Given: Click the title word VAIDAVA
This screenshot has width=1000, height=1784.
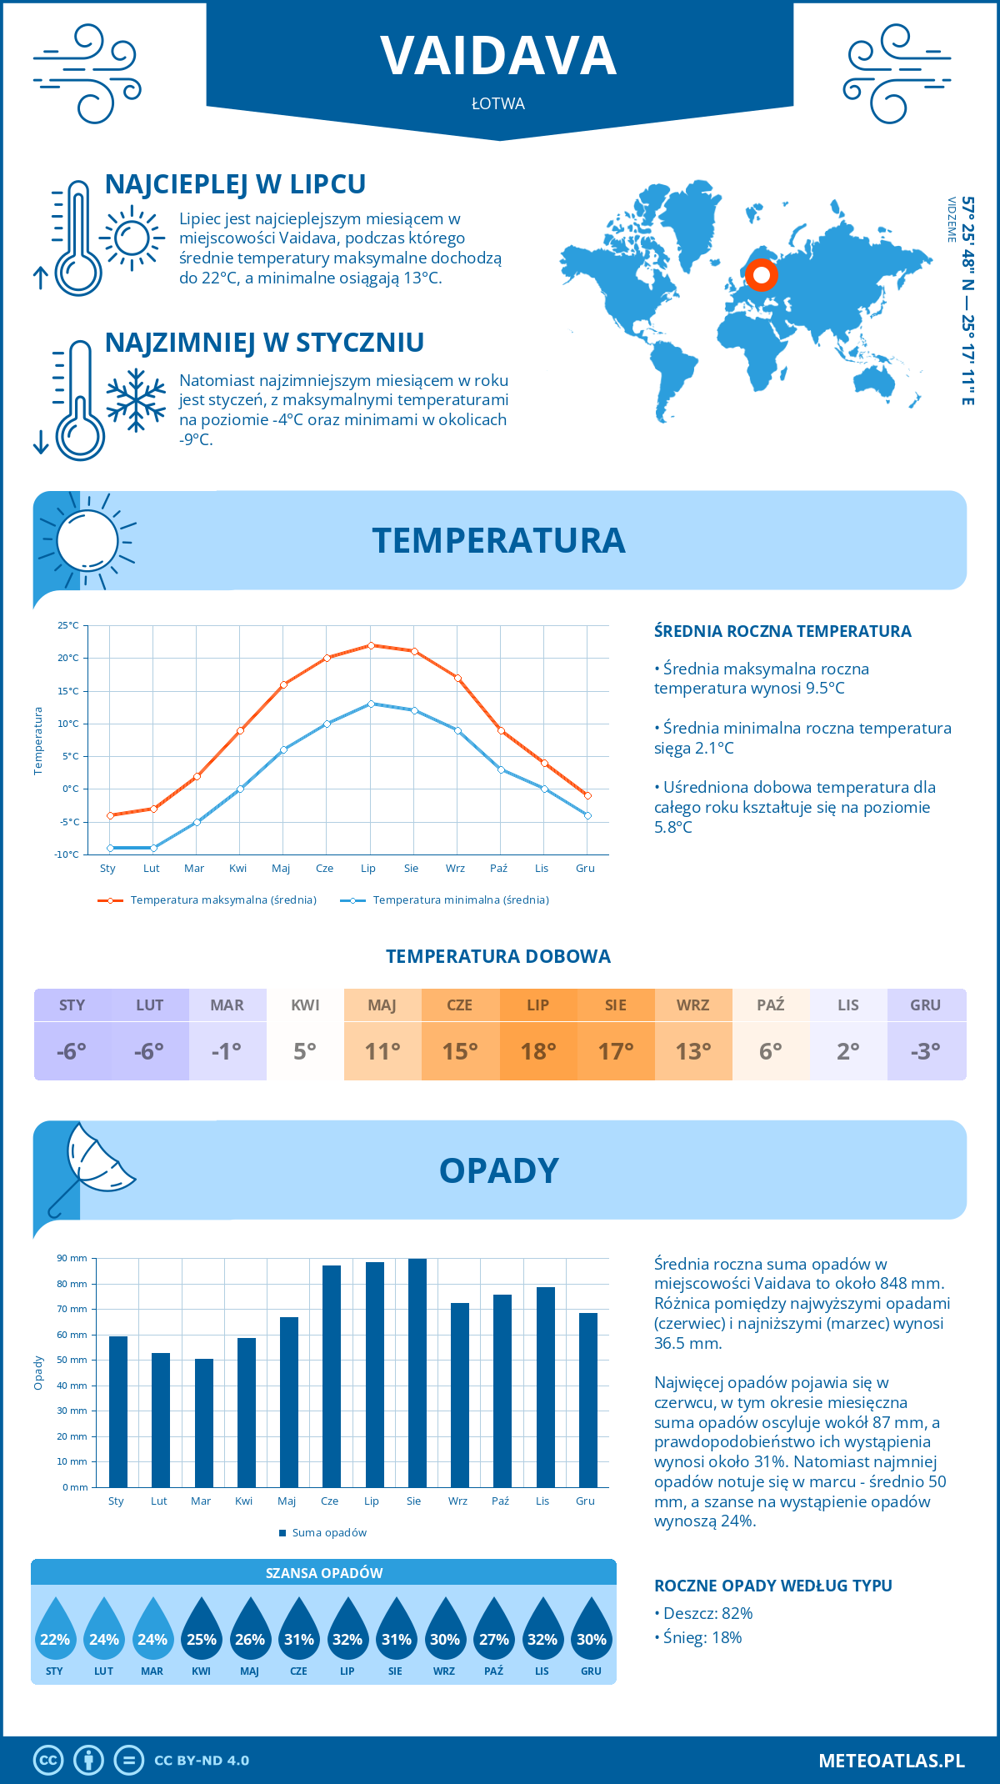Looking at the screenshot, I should pyautogui.click(x=498, y=56).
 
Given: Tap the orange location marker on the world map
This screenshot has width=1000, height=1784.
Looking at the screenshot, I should pyautogui.click(x=761, y=274).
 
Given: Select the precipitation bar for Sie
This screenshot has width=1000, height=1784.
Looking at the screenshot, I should pyautogui.click(x=417, y=1372).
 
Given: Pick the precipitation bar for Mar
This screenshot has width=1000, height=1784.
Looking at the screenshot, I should pyautogui.click(x=203, y=1422).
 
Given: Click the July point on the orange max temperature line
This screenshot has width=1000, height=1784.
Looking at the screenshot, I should pyautogui.click(x=371, y=645).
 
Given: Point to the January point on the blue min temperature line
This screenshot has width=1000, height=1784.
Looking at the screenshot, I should pyautogui.click(x=110, y=848).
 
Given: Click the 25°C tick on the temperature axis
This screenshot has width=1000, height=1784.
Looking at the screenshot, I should pyautogui.click(x=68, y=625).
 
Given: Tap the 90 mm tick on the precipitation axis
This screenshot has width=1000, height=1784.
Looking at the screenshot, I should pyautogui.click(x=72, y=1258).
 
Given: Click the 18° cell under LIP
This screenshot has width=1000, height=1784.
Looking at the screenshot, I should pyautogui.click(x=537, y=1051).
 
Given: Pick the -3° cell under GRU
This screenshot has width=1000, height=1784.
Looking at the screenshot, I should pyautogui.click(x=926, y=1051).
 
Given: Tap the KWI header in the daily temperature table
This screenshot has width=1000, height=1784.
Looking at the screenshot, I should pyautogui.click(x=305, y=1005).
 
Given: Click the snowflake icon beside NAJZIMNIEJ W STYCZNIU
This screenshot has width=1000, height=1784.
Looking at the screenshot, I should pyautogui.click(x=136, y=399).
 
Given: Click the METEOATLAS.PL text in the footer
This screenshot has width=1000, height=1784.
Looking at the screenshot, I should pyautogui.click(x=891, y=1761).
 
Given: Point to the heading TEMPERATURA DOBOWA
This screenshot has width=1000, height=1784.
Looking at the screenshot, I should pyautogui.click(x=498, y=956).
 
